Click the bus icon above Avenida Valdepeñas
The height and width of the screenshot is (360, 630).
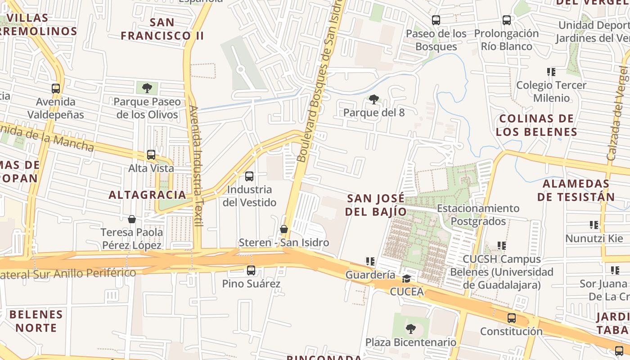(56, 89)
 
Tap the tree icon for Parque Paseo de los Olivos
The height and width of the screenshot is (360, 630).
(147, 88)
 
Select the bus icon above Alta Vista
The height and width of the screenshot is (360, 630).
(151, 155)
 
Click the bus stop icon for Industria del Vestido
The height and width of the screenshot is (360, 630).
(249, 176)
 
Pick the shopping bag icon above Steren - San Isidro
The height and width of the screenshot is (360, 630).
(284, 229)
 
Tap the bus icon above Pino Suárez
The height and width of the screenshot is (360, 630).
(251, 270)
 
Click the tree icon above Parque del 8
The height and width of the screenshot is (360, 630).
(373, 99)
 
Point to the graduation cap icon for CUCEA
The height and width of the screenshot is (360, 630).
(407, 279)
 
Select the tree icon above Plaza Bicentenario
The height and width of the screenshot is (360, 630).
(410, 329)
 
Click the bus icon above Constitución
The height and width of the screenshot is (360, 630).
(512, 318)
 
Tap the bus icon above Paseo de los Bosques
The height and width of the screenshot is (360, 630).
(436, 20)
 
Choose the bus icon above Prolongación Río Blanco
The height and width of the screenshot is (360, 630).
(507, 20)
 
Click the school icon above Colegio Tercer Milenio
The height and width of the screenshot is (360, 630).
(551, 72)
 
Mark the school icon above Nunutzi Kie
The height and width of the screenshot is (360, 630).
(594, 225)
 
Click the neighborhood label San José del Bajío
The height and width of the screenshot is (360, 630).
(376, 205)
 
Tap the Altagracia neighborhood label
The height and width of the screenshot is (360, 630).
(148, 195)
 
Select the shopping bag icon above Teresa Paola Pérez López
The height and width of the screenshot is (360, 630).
(132, 219)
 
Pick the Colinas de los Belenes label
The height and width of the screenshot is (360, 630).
(536, 125)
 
